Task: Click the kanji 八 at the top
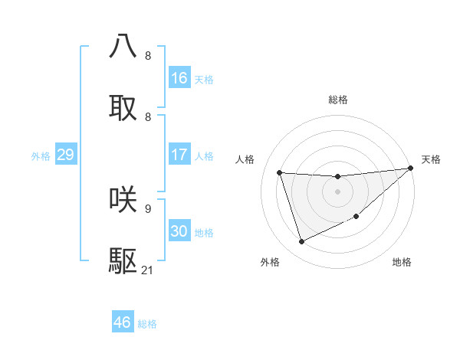tap(123, 46)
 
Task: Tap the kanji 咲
tap(123, 199)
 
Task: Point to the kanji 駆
tap(123, 261)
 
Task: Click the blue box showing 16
tap(179, 77)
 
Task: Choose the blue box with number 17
tap(179, 155)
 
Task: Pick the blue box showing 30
tap(179, 231)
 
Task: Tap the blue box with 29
tap(65, 155)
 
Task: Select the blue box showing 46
tap(123, 322)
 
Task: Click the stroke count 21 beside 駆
tap(148, 270)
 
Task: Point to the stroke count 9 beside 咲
tap(148, 208)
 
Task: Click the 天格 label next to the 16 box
tap(204, 79)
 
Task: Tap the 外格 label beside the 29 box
tap(41, 155)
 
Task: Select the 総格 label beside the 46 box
tap(147, 324)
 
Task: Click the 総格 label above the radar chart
tap(338, 100)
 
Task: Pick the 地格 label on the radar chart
tap(402, 262)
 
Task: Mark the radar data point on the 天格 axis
tap(410, 169)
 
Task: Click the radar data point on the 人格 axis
tap(280, 172)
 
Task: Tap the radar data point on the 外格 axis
tap(301, 242)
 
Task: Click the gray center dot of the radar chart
tap(337, 191)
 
